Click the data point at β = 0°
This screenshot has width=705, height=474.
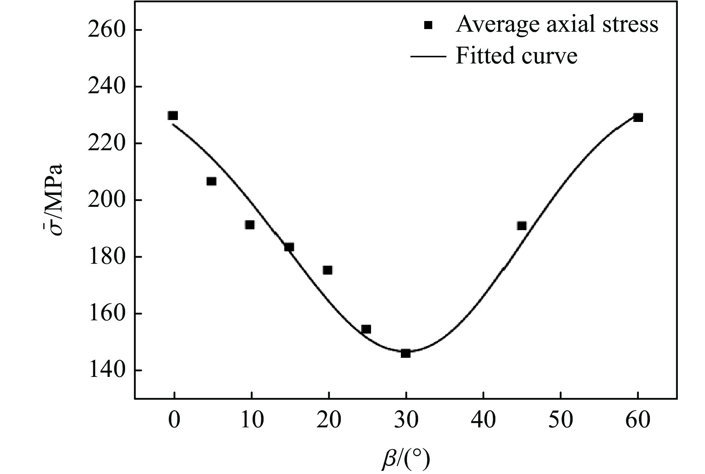(x=173, y=115)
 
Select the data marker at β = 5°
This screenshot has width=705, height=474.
(x=212, y=181)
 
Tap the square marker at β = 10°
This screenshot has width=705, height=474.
(x=250, y=225)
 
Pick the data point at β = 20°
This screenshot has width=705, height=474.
(x=327, y=270)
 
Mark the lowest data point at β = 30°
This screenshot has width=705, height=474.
(x=405, y=353)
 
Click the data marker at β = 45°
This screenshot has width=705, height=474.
(x=522, y=226)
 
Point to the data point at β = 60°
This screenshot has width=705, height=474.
(x=638, y=117)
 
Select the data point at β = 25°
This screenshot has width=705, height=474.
(x=366, y=329)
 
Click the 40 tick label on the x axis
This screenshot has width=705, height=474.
(x=484, y=420)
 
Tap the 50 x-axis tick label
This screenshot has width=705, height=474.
(x=561, y=420)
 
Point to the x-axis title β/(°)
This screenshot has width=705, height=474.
(x=405, y=459)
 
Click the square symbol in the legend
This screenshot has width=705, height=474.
(x=428, y=25)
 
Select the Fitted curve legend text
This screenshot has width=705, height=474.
(x=516, y=56)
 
